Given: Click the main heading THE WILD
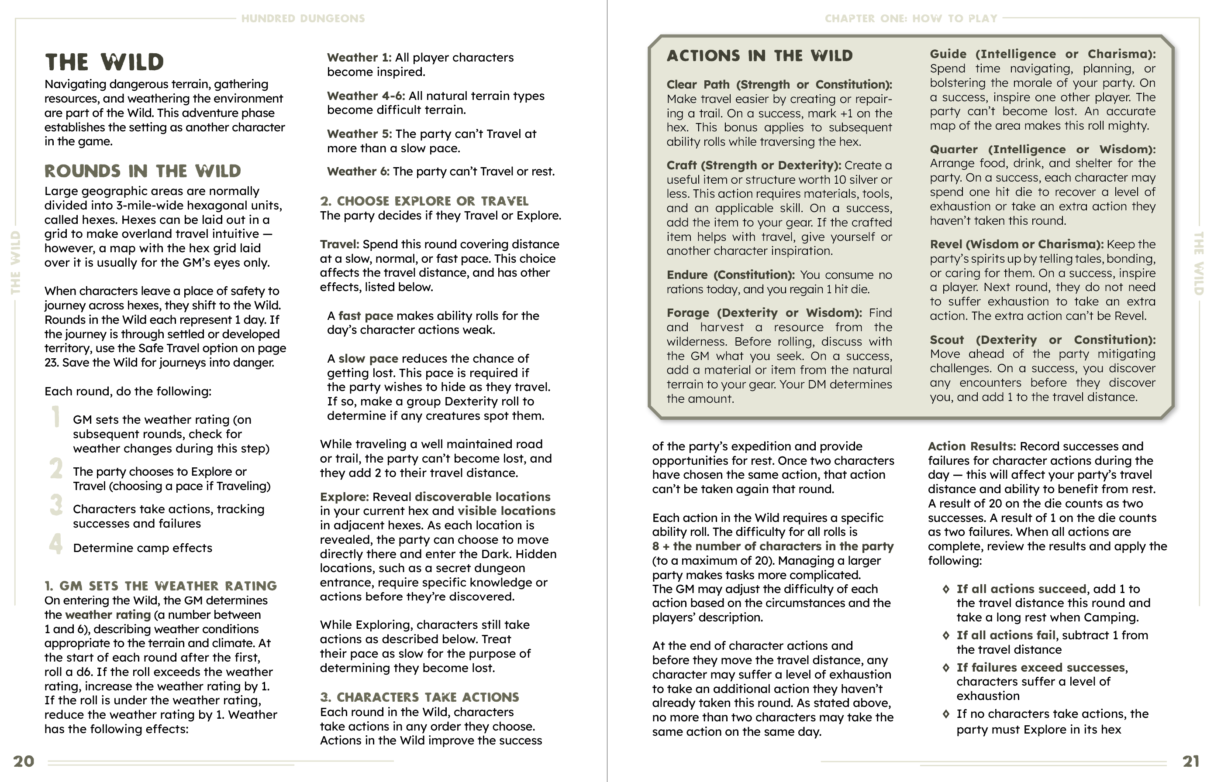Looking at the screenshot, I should pos(104,62).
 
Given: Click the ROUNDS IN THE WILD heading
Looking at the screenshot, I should pos(142,171).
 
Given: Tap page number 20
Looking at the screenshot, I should pos(24,761).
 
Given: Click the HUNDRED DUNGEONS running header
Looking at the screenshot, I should pos(303,19).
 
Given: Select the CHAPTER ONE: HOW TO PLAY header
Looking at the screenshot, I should pos(910,19).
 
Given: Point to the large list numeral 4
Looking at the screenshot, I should pos(56,543).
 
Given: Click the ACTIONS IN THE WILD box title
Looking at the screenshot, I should pos(759,56).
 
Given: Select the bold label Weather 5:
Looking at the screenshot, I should pos(359,134).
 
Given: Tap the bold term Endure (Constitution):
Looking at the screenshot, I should pos(731,275).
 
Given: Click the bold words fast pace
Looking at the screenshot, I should pos(366,316).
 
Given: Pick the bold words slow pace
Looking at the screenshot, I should pos(368,359).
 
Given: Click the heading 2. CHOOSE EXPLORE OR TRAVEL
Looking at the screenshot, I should pos(424,201).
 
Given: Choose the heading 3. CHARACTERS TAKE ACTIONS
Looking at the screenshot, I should pos(419,697).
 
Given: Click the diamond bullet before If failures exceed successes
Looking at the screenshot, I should pos(946,667).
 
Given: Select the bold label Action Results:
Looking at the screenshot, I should pos(972,446).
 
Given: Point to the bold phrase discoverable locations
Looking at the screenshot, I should pos(482,497).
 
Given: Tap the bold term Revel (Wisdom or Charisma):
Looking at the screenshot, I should pos(1016,244).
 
